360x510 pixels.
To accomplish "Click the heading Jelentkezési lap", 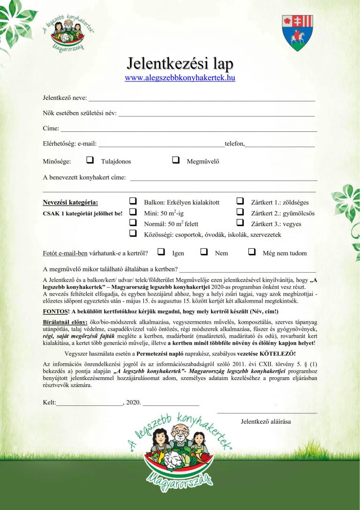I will point(180,64).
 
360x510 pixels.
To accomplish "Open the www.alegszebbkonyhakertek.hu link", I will point(180,78).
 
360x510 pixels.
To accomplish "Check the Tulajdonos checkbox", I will point(90,160).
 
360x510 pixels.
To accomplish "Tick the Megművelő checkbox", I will point(176,160).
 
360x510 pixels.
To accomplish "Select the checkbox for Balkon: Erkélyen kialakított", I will point(133,201).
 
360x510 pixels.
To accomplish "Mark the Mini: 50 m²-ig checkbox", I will point(133,212).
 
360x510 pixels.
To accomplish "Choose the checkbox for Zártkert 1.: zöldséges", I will point(240,201).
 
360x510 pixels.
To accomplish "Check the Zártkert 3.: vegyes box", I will point(240,223).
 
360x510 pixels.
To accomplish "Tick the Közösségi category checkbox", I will point(133,233).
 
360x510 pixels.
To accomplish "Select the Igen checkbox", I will point(161,252).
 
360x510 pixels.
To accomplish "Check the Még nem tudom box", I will point(252,252).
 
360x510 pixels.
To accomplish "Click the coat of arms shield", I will point(297,32).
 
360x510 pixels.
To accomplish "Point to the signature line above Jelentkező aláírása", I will point(267,412).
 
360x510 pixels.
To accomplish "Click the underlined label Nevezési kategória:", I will point(71,203).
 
